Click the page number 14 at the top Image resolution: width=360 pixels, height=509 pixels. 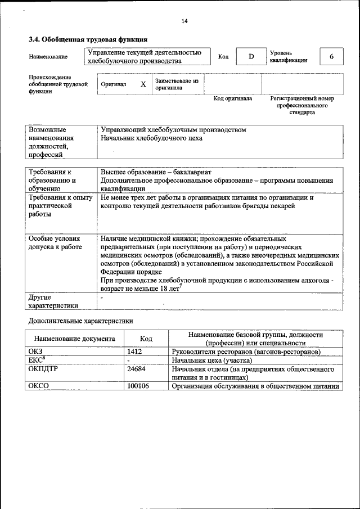point(184,21)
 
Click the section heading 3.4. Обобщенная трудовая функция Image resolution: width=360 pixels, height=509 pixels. point(88,40)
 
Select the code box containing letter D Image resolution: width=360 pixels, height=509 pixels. point(251,57)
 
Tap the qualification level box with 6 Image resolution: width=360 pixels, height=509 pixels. point(331,57)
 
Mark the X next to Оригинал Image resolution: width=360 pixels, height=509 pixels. point(143,84)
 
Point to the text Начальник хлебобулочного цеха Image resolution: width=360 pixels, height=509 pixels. point(151,138)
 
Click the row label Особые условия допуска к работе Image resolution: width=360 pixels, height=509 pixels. point(55,242)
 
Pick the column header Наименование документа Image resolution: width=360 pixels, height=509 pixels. point(75,339)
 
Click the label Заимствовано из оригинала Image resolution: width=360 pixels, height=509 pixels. point(177,84)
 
